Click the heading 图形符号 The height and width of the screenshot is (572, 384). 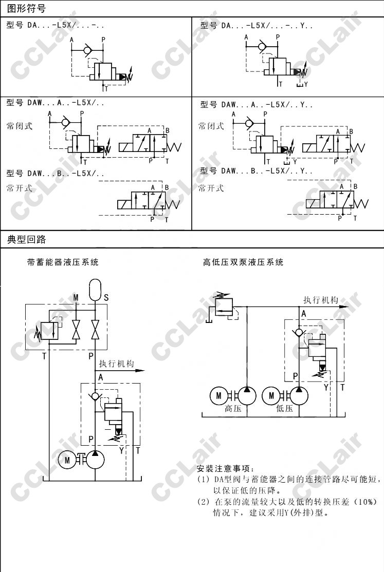26,9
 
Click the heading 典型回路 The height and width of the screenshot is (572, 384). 26,239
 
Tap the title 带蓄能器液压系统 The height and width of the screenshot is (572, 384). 63,262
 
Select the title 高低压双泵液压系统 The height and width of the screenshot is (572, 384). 243,262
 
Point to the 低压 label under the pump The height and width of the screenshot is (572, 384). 284,409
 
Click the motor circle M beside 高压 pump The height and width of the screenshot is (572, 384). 218,395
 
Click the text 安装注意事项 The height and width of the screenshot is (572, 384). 225,469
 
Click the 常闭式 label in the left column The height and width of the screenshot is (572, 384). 19,126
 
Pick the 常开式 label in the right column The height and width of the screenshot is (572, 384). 211,188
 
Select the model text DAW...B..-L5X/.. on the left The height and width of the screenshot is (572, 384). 55,173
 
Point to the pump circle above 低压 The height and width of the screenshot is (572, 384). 299,395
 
